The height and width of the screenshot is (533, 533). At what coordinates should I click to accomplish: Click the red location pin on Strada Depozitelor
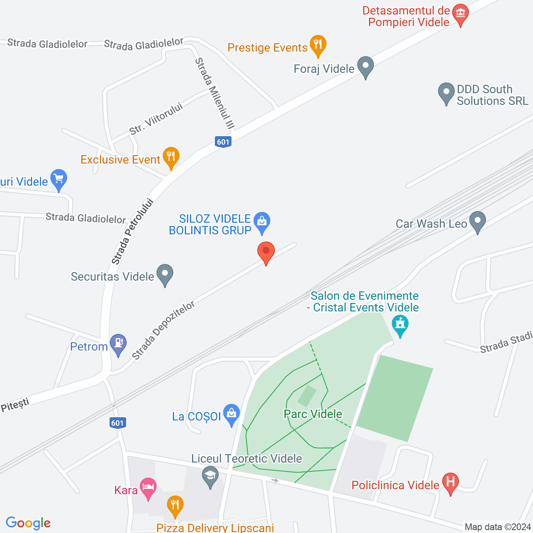(x=266, y=252)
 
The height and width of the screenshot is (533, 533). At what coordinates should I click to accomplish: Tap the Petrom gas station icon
(x=118, y=344)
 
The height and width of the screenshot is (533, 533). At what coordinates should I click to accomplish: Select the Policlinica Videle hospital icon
(x=450, y=483)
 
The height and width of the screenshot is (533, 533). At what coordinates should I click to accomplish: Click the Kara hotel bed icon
(x=148, y=487)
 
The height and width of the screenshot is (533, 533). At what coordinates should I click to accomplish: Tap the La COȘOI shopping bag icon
(x=231, y=413)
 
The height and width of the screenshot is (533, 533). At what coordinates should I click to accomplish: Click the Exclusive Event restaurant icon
(x=171, y=157)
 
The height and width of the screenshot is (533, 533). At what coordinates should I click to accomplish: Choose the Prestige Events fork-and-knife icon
(x=318, y=44)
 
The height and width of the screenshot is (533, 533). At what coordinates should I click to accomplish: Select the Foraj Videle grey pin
(x=366, y=66)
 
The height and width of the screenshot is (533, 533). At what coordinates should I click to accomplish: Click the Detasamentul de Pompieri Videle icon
(x=460, y=13)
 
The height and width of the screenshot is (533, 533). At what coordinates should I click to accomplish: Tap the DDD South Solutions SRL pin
(x=446, y=92)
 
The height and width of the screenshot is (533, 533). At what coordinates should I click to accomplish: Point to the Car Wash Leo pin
(x=477, y=221)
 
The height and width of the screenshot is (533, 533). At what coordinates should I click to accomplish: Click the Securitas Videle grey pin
(x=165, y=274)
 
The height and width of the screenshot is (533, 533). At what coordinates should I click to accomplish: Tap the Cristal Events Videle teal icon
(x=400, y=324)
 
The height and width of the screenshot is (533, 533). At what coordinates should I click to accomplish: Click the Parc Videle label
(x=313, y=414)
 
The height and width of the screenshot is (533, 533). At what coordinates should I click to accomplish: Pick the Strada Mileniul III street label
(x=215, y=93)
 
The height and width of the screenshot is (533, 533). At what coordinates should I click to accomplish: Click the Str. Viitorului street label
(x=156, y=119)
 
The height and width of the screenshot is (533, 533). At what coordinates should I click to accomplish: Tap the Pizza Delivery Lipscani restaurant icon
(x=175, y=505)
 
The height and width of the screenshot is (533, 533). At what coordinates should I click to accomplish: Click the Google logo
(x=28, y=523)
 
